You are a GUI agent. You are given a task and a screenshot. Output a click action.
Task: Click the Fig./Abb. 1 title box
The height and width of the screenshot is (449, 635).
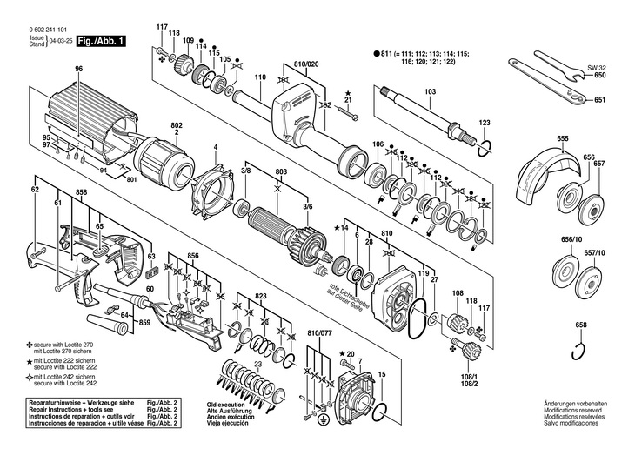(100, 41)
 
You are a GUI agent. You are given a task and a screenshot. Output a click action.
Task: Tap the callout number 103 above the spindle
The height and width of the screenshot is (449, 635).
(430, 91)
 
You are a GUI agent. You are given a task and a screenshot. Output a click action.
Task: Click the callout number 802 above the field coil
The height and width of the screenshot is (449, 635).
(177, 126)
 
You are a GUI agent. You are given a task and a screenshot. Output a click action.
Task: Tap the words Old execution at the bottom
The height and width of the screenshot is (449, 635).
(228, 405)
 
